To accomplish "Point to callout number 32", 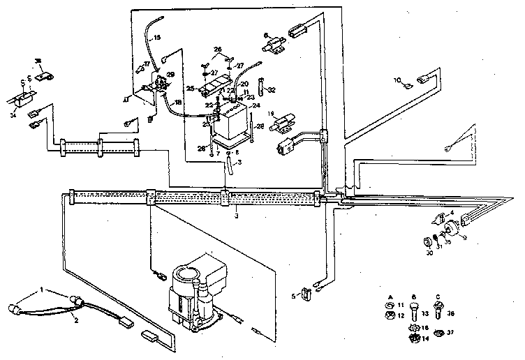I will click(272, 89).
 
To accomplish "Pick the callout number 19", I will click(271, 112).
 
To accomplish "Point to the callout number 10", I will click(397, 80).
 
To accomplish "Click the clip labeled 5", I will click(305, 295).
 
